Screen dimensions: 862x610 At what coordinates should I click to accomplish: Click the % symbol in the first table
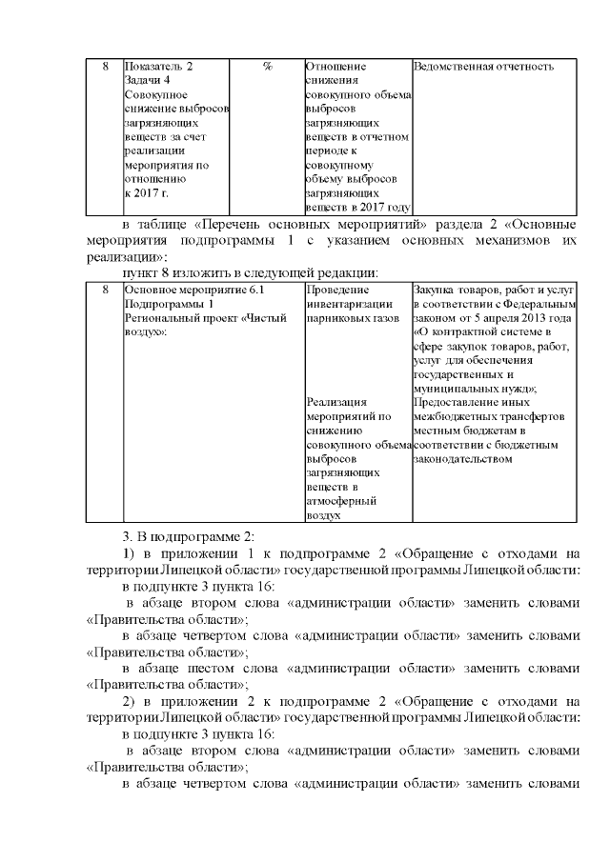pyautogui.click(x=267, y=67)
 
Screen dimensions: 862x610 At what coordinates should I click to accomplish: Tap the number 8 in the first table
pyautogui.click(x=104, y=67)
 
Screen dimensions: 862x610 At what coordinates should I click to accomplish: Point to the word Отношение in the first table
pyautogui.click(x=336, y=67)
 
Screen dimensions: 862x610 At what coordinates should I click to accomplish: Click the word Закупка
pyautogui.click(x=438, y=290)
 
